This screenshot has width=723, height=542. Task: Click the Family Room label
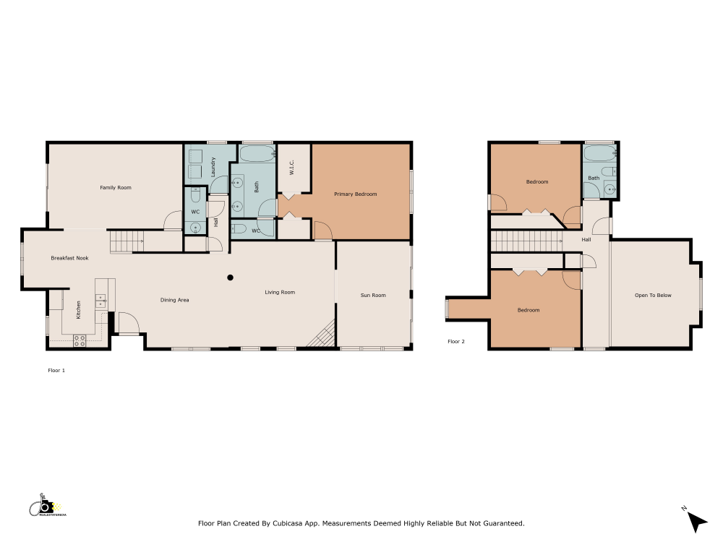116,188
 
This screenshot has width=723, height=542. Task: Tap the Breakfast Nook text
69,258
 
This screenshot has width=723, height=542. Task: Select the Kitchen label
79,309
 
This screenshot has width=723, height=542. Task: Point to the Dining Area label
174,300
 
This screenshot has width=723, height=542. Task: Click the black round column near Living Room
231,278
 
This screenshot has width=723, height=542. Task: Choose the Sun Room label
373,296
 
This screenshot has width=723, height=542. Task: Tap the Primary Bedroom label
355,194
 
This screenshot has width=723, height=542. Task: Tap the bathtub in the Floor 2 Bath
599,153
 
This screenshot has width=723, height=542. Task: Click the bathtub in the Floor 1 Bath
257,153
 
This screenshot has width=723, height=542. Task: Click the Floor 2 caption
455,341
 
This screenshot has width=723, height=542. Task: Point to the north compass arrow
696,521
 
